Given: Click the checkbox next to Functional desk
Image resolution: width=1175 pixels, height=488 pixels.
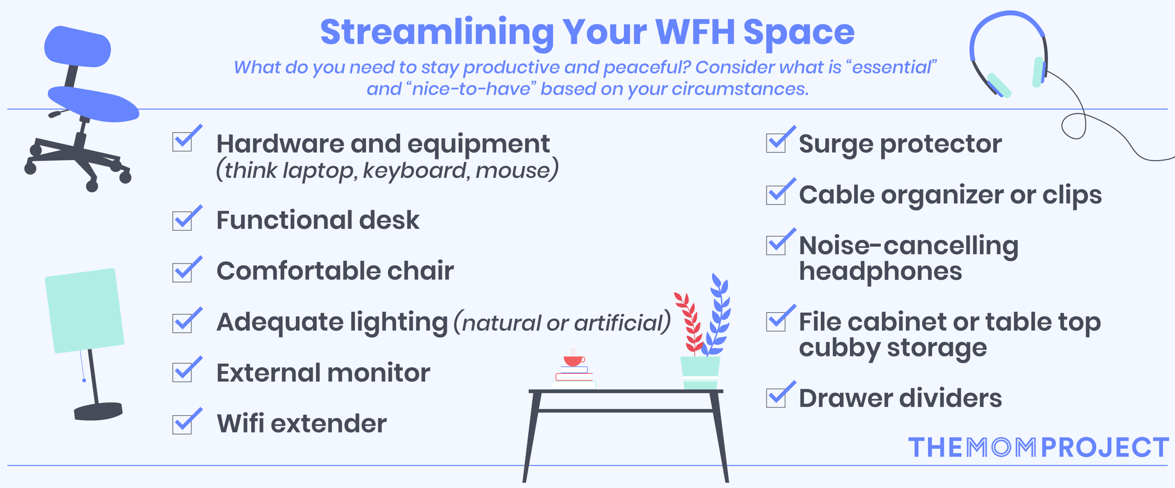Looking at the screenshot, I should pos(182,220).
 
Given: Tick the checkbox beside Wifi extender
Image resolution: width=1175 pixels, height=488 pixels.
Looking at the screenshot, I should pos(182,424).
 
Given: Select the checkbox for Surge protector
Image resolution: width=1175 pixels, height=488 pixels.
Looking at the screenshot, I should pos(776,143).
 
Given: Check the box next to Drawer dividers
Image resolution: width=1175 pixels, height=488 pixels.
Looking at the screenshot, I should pos(776,397).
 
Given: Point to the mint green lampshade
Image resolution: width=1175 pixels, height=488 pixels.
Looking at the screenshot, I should pos(84,311).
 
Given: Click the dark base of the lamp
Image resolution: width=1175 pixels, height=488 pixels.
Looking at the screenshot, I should pos(98,411).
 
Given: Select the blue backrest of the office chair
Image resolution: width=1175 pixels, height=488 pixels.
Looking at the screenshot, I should pos(77,47).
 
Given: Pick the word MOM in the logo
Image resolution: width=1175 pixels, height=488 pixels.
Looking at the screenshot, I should pos(1002,448).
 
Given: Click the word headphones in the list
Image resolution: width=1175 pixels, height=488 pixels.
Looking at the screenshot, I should pos(880,271).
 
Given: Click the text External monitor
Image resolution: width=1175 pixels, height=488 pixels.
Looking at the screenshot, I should pos(323,373).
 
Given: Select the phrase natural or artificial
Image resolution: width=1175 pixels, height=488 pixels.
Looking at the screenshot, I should pos(562,323).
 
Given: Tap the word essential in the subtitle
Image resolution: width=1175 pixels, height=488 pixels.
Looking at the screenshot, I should pos(891,68).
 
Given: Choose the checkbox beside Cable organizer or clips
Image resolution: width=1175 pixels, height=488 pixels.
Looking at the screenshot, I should pos(776,194).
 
